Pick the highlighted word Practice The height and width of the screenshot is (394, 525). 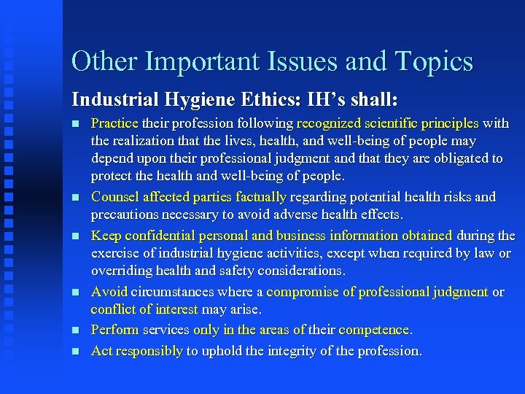tap(115, 123)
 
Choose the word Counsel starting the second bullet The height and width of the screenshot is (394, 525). tap(114, 196)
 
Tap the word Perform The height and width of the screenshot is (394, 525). tap(115, 330)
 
